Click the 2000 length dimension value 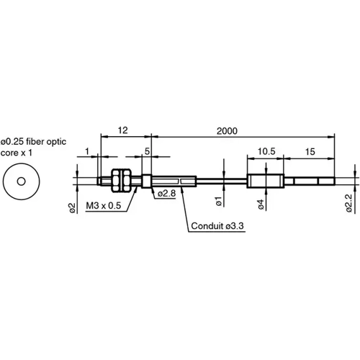pos(227,130)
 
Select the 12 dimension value pos(124,130)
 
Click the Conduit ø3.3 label pos(217,226)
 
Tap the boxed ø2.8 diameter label pos(166,192)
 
